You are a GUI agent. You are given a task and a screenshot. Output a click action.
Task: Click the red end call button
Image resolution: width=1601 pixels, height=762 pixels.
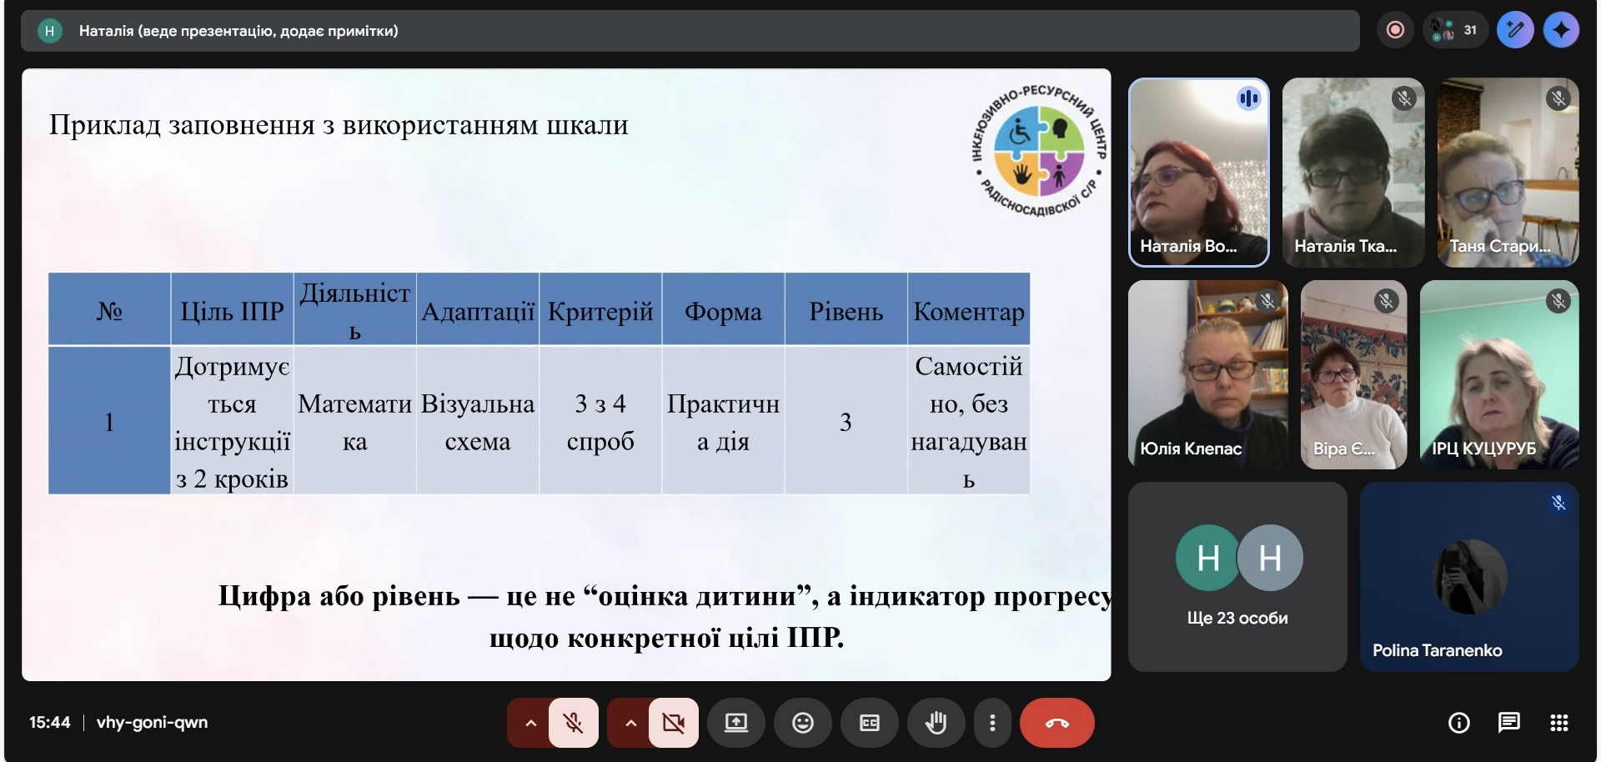coord(1056,723)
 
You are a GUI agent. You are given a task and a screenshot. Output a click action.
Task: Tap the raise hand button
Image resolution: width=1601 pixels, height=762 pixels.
coord(936,723)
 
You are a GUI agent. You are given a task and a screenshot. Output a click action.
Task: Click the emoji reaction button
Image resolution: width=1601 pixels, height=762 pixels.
coord(802,723)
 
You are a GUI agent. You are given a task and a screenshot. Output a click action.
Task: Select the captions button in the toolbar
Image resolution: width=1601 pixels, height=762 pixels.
coord(869,723)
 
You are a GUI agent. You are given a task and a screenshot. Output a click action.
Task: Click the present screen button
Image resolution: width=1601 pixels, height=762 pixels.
coord(735,723)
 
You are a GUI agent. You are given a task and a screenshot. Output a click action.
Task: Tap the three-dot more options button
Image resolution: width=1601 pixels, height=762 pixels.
coord(991,723)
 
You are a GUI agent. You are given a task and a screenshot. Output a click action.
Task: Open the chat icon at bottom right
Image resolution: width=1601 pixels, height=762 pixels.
coord(1508,723)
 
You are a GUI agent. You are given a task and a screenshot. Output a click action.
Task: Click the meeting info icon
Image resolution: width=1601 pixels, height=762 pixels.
coord(1458,723)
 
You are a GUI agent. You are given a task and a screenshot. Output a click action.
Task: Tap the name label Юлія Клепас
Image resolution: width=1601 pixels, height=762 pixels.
coord(1191,449)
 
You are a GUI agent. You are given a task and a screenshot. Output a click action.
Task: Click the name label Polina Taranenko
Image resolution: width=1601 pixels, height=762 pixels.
coord(1437,650)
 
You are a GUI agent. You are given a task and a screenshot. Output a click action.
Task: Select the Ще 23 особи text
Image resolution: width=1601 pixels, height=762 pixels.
coord(1237,618)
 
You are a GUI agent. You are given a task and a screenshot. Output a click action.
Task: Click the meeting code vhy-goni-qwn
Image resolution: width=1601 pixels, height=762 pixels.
coord(152,722)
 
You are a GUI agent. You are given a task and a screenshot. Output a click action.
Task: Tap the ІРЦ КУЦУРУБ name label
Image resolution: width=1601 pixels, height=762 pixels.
coord(1483,449)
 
